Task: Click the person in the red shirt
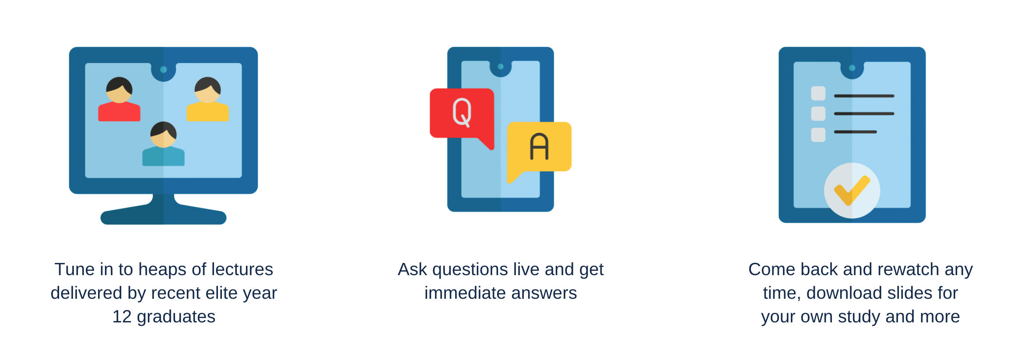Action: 119,100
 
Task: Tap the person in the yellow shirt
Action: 207,100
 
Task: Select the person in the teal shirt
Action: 163,144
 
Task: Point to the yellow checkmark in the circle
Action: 852,191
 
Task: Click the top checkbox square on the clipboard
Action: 818,94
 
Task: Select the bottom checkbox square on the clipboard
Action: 818,135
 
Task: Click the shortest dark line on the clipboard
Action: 855,132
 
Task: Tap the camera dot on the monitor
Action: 163,70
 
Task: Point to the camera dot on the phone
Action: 501,66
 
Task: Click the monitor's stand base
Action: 163,214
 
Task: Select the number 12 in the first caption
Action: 122,317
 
